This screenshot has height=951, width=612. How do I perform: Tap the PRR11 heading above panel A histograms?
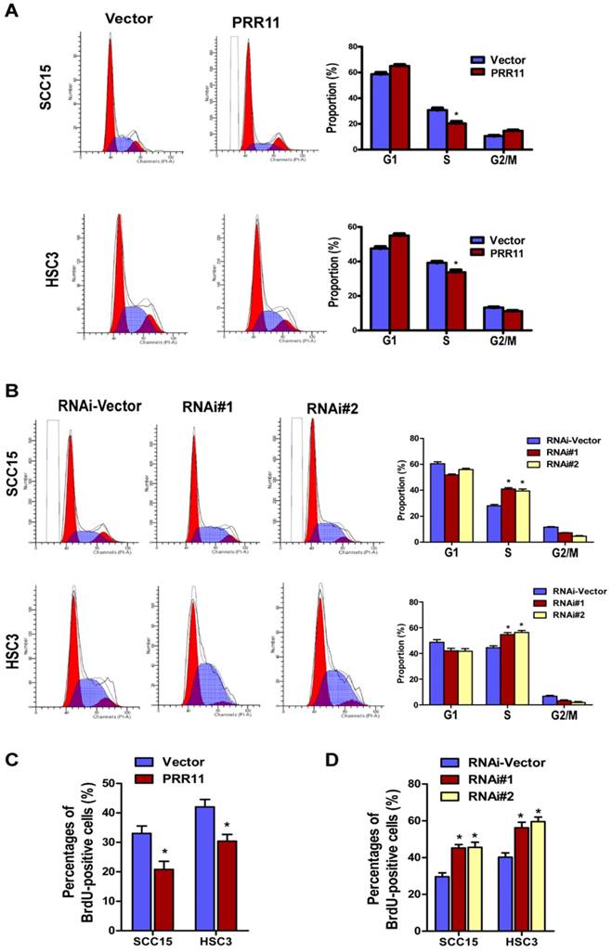[x=242, y=20]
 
